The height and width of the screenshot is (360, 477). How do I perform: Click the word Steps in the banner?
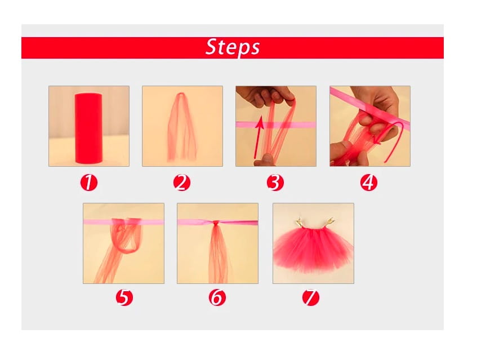click(x=233, y=47)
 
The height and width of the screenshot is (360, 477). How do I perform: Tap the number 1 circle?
click(x=89, y=183)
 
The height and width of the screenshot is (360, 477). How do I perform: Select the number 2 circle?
click(x=182, y=183)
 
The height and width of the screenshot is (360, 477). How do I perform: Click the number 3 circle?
click(x=275, y=183)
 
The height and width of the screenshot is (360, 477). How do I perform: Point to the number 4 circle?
click(x=369, y=183)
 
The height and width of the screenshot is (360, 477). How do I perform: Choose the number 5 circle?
click(x=124, y=297)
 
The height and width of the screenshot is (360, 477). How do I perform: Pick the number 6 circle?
click(x=217, y=297)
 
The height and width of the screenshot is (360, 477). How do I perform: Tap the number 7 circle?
click(x=311, y=297)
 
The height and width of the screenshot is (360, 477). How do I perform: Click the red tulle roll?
click(x=88, y=128)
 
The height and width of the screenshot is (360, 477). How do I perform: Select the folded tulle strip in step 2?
click(x=182, y=128)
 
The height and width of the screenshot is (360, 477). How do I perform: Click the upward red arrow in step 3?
click(x=258, y=137)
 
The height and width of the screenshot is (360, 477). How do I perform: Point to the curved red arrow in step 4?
click(x=393, y=140)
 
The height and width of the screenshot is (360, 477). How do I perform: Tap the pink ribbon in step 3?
click(x=275, y=125)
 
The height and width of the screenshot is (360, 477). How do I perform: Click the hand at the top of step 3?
click(x=265, y=95)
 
